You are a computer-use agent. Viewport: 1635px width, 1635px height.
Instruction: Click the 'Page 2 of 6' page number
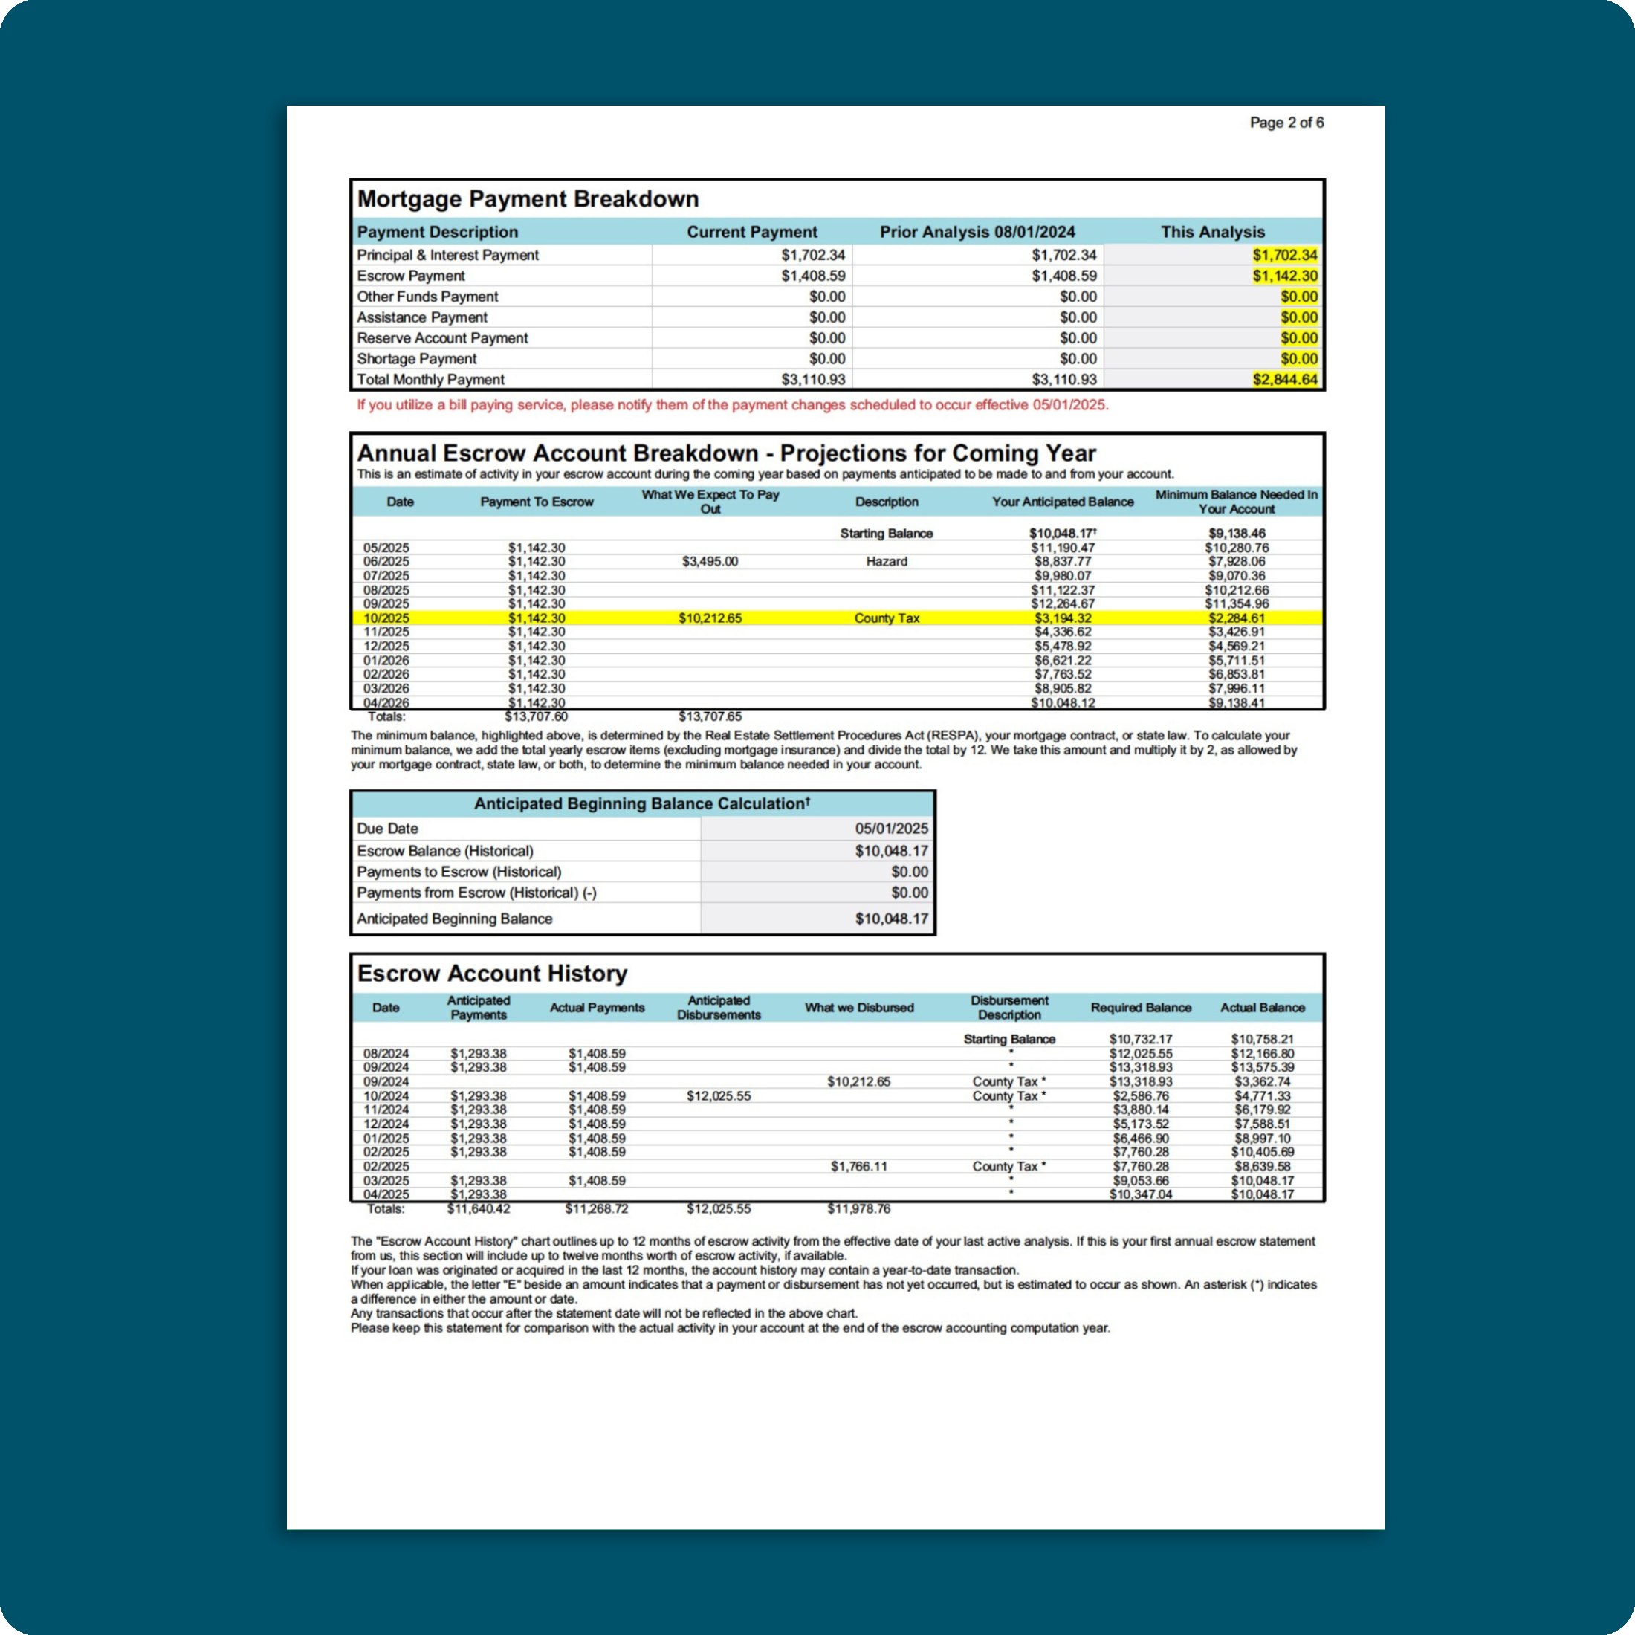click(x=1286, y=123)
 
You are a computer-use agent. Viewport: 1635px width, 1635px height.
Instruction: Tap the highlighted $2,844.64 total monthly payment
click(x=1285, y=379)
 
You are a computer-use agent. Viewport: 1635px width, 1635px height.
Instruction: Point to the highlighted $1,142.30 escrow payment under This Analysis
click(x=1285, y=276)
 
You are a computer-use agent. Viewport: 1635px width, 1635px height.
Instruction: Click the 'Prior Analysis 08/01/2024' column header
click(x=977, y=232)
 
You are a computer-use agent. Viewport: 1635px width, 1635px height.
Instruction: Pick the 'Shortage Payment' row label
click(x=416, y=359)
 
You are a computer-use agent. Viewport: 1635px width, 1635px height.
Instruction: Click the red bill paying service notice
click(x=732, y=404)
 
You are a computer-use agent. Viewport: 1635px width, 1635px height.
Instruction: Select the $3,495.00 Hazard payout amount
click(x=709, y=561)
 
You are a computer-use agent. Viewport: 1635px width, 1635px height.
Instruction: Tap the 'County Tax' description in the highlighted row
click(x=886, y=618)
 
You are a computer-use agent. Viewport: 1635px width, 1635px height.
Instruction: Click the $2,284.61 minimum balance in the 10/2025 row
click(x=1237, y=618)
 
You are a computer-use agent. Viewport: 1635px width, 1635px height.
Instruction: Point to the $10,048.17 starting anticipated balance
click(x=1061, y=533)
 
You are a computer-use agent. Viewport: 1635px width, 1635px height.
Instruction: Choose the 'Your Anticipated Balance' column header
click(x=1062, y=502)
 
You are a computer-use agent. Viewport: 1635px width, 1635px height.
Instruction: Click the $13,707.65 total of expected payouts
click(x=709, y=716)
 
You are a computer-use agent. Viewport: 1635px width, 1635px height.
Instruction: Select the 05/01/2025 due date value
click(x=891, y=829)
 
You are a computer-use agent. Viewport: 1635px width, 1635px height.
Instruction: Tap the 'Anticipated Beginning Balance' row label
click(x=454, y=919)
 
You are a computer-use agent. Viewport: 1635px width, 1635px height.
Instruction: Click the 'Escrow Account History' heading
click(x=492, y=974)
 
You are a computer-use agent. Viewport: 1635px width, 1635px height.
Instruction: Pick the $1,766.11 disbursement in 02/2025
click(x=858, y=1166)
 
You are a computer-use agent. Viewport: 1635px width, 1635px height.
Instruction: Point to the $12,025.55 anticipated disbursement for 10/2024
click(x=719, y=1096)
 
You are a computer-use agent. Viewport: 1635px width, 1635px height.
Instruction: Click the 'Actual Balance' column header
click(x=1262, y=1008)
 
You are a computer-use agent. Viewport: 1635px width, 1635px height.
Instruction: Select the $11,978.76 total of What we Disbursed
click(x=858, y=1208)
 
